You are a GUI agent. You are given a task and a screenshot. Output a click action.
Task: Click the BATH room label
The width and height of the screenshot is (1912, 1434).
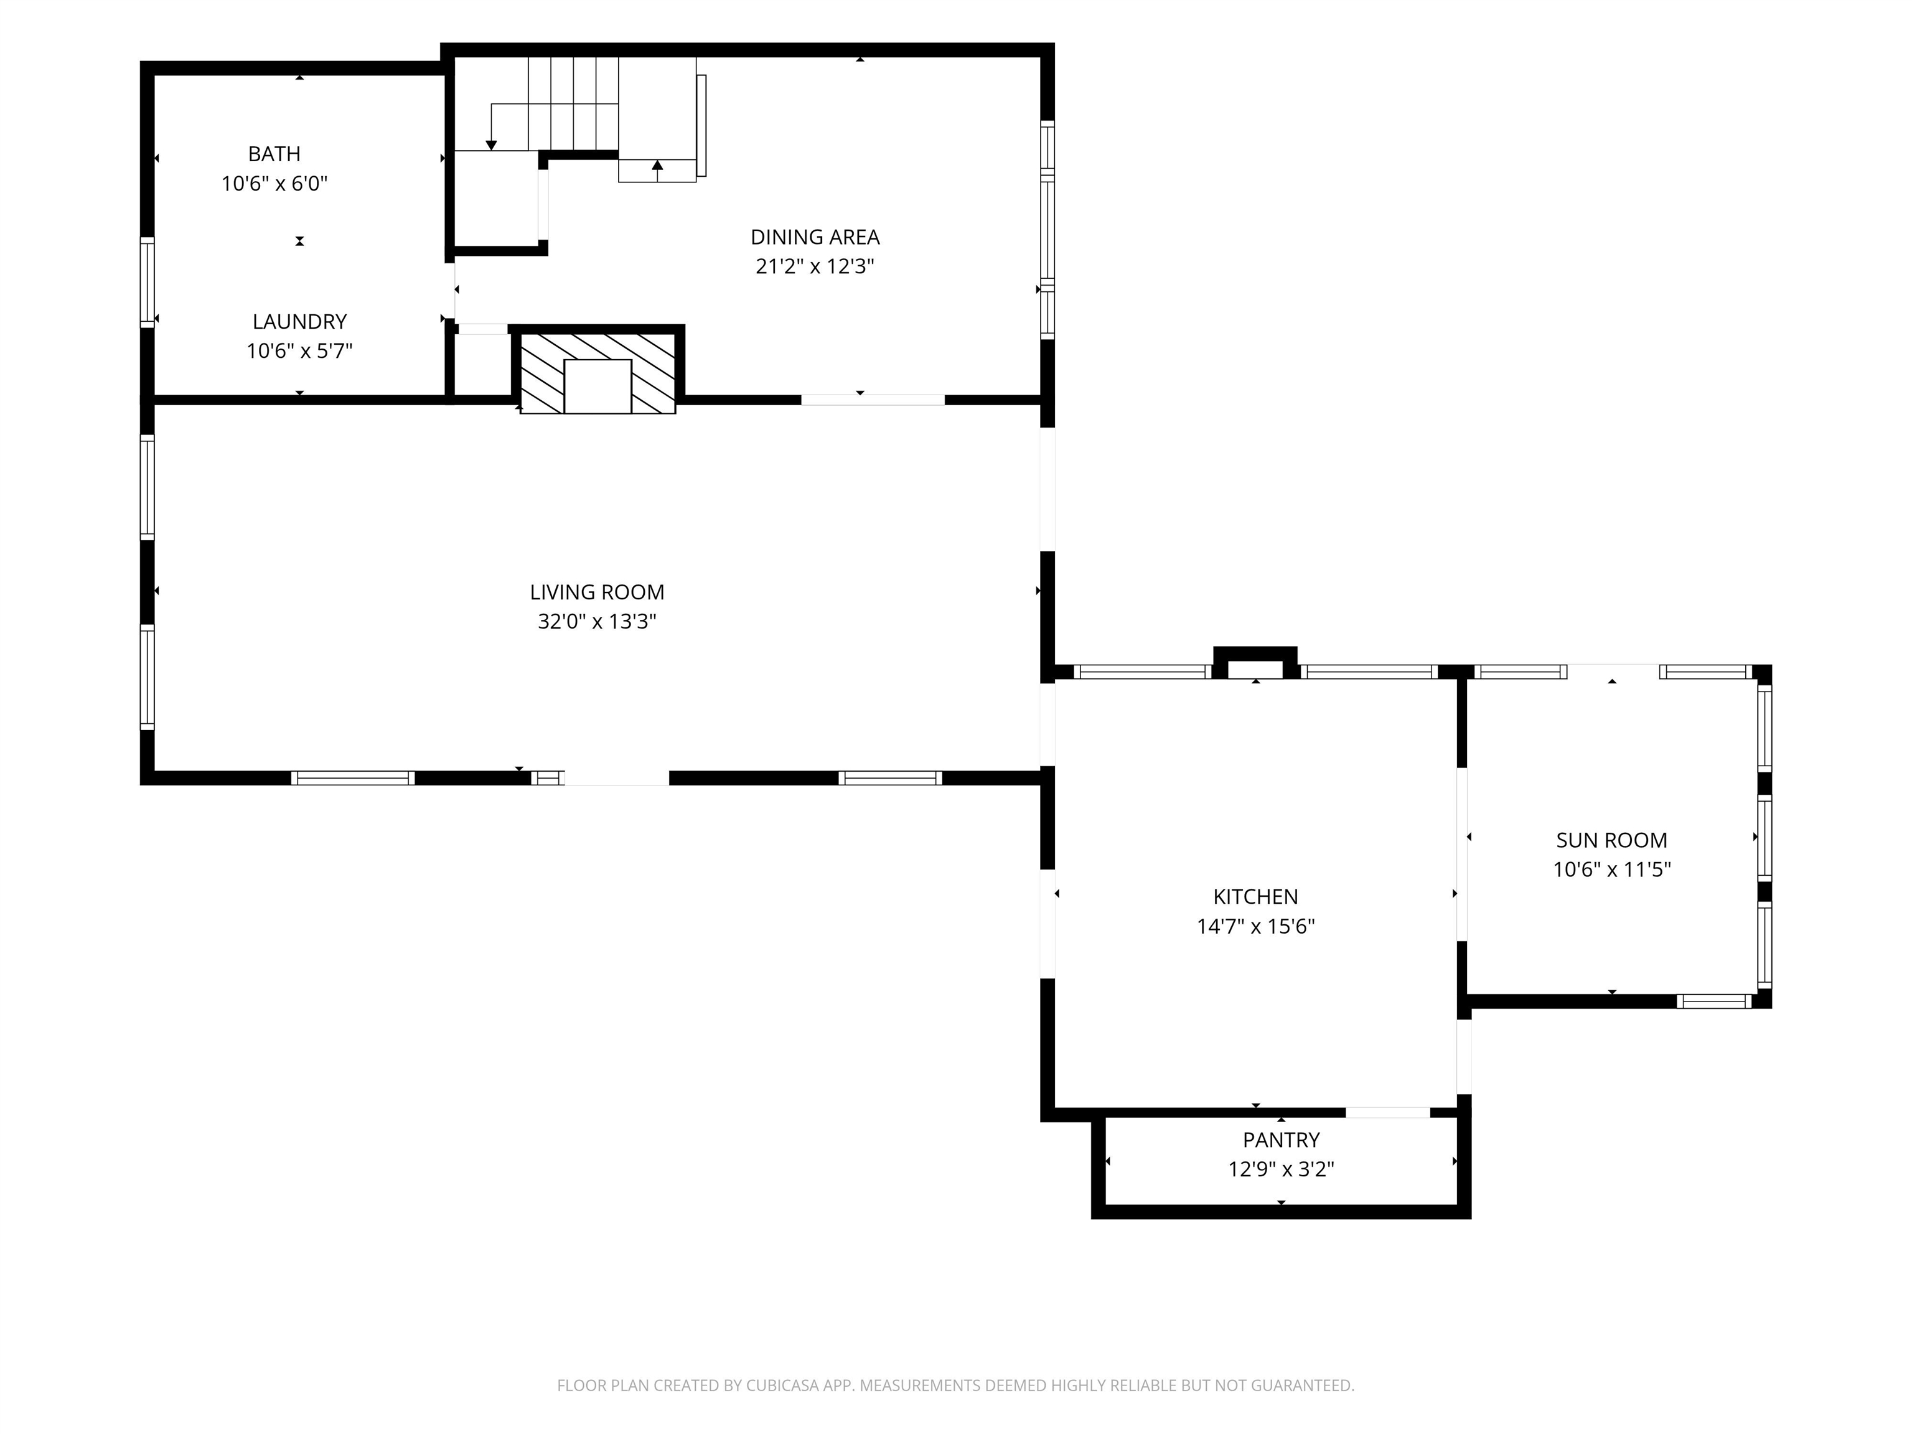(x=274, y=154)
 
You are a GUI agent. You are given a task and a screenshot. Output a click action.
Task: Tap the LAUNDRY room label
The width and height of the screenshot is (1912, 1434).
(x=299, y=322)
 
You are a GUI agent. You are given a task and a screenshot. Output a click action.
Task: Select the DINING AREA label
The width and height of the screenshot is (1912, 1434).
(x=815, y=237)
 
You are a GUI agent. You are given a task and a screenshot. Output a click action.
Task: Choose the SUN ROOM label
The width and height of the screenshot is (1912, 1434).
(x=1612, y=840)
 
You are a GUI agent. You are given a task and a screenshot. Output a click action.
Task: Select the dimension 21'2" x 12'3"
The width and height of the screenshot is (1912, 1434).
(x=815, y=266)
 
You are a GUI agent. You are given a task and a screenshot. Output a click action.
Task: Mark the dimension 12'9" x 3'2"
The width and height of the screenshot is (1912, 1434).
(x=1281, y=1169)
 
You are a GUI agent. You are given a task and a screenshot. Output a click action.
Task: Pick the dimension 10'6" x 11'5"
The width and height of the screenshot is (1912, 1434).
(x=1612, y=869)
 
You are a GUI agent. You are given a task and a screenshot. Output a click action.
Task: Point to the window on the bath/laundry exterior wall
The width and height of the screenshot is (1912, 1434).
(x=148, y=283)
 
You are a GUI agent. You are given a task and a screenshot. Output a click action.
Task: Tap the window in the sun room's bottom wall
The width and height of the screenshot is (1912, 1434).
(x=1714, y=1001)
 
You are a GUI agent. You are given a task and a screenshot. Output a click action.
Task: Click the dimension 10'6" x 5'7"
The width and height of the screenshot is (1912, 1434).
(x=299, y=351)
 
